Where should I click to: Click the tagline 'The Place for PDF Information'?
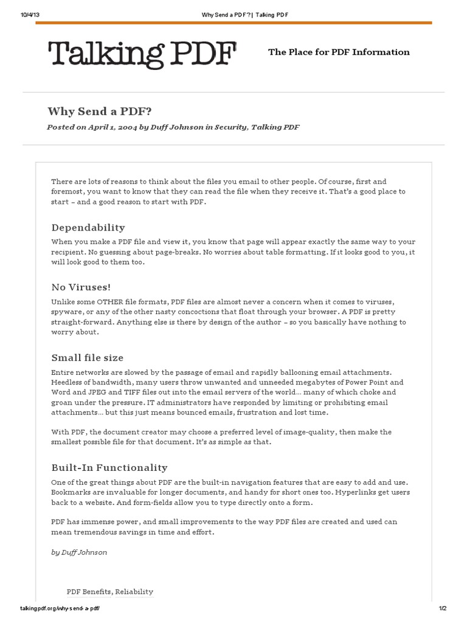(339, 52)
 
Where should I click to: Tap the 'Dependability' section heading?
(88, 228)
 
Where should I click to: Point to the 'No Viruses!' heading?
(81, 287)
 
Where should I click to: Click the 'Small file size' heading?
(87, 358)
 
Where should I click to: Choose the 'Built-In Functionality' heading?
(109, 467)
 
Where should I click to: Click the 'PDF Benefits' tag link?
(88, 591)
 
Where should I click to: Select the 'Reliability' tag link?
(134, 591)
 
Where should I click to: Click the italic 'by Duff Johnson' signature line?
(79, 552)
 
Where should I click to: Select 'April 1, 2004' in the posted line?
(113, 127)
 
